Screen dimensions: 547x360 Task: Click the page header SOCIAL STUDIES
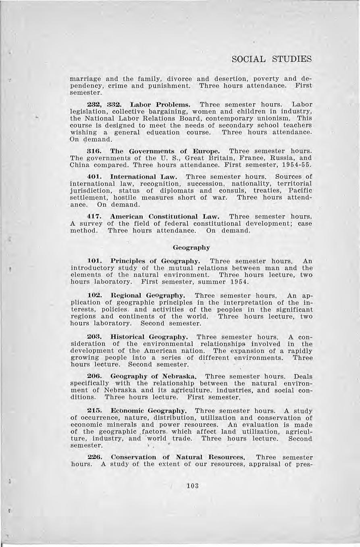272,59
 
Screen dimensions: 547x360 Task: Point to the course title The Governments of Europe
165,151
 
